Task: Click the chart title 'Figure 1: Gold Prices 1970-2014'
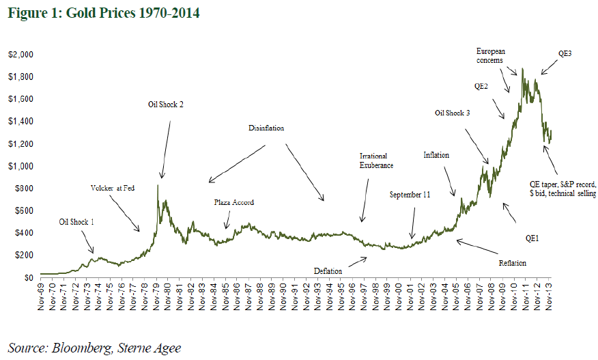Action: tap(104, 13)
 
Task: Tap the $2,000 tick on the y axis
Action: tap(20, 54)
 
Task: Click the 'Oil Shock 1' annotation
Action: tap(77, 221)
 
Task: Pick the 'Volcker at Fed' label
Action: tap(113, 188)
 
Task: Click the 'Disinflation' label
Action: tap(266, 128)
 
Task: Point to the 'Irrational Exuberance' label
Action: tap(377, 161)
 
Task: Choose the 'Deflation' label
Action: tap(328, 271)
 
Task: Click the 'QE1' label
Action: tap(532, 239)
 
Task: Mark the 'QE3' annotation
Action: tap(565, 54)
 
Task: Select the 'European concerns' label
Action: tap(490, 55)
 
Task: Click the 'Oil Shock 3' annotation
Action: tap(452, 113)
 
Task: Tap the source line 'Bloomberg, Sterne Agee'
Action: tap(95, 348)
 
